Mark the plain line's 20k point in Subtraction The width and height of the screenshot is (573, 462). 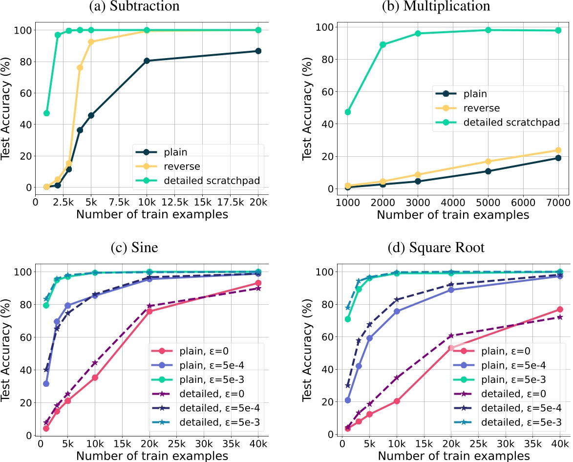point(258,51)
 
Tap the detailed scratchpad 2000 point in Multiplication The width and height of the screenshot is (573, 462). point(383,44)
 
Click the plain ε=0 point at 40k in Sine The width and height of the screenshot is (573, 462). point(258,283)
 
